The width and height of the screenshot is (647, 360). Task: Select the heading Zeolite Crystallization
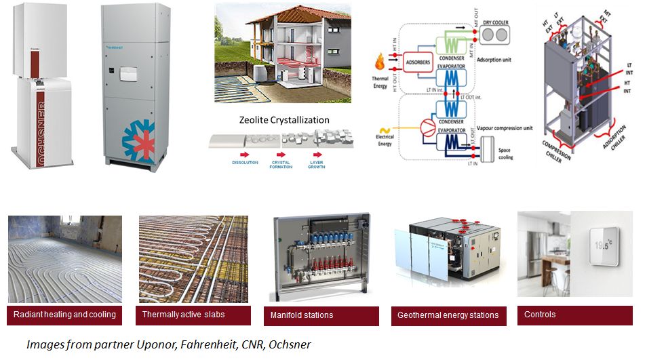coord(284,120)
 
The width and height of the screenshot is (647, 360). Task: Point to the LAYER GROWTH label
coord(316,165)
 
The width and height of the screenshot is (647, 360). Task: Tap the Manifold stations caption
coord(302,315)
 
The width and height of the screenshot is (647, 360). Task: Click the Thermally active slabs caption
coord(183,315)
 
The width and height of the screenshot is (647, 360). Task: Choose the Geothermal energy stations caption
coord(448,315)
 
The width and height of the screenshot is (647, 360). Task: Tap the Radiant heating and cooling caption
coord(64,315)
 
